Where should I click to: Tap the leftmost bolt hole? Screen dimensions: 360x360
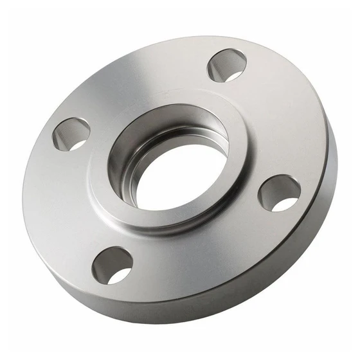(x=71, y=134)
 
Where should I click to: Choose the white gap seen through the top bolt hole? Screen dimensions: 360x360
(x=233, y=75)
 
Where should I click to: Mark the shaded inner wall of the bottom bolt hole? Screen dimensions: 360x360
(x=107, y=258)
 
